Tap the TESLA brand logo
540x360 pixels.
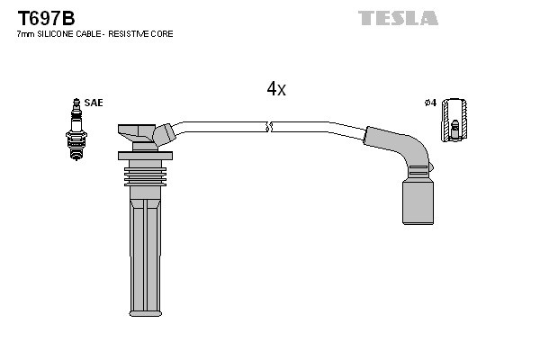click(x=398, y=18)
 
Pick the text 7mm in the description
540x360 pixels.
click(x=25, y=33)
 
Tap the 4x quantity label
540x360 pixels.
click(x=275, y=88)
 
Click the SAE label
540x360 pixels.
click(x=94, y=103)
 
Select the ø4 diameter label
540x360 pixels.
click(x=429, y=103)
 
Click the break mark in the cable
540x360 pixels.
click(x=268, y=125)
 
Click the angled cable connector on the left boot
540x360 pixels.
click(x=165, y=134)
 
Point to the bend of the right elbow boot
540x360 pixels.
click(x=408, y=148)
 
